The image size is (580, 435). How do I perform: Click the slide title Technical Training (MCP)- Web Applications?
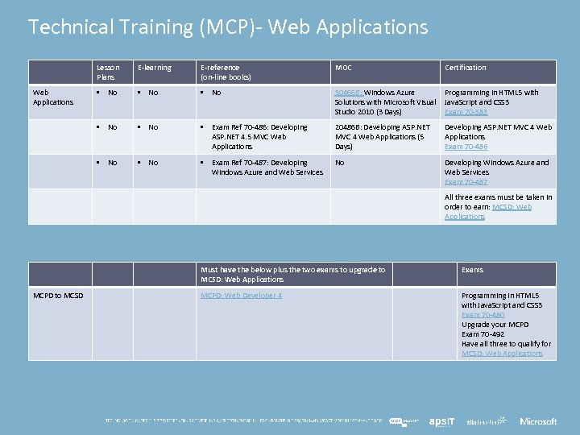pyautogui.click(x=228, y=27)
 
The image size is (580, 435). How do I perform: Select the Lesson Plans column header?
pyautogui.click(x=108, y=72)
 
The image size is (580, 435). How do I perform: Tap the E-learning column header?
pyautogui.click(x=155, y=68)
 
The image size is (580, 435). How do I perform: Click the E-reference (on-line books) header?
pyautogui.click(x=226, y=72)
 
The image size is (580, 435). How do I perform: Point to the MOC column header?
pyautogui.click(x=343, y=68)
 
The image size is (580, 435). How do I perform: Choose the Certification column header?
pyautogui.click(x=466, y=68)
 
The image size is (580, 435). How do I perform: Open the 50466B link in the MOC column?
pyautogui.click(x=348, y=93)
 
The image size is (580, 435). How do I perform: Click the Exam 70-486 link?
pyautogui.click(x=466, y=147)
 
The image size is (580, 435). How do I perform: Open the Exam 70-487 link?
pyautogui.click(x=466, y=182)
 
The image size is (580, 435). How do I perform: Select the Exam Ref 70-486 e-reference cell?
pyautogui.click(x=259, y=137)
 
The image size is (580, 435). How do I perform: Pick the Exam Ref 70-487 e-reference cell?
pyautogui.click(x=267, y=168)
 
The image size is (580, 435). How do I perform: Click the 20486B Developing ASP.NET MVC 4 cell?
pyautogui.click(x=383, y=137)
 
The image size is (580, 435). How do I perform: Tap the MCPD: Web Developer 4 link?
pyautogui.click(x=241, y=296)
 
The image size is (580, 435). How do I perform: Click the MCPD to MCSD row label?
pyautogui.click(x=58, y=296)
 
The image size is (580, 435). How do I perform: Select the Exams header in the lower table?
pyautogui.click(x=472, y=270)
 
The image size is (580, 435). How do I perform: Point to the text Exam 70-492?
pyautogui.click(x=483, y=334)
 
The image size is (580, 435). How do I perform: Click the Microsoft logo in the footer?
pyautogui.click(x=538, y=421)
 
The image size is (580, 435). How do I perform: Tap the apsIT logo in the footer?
pyautogui.click(x=442, y=421)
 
